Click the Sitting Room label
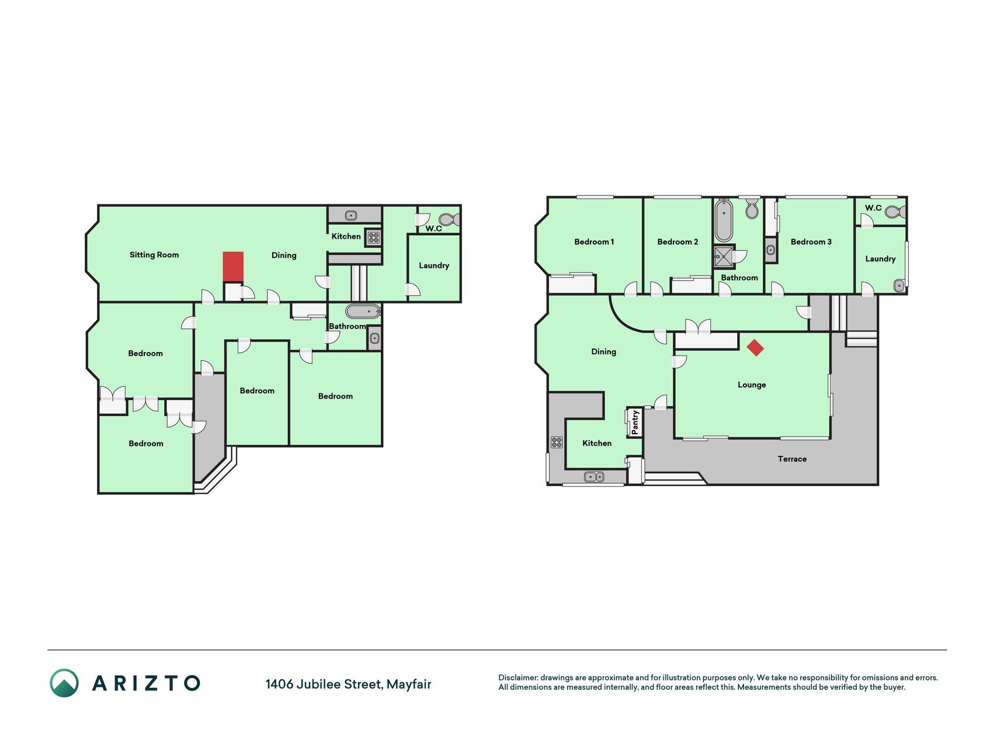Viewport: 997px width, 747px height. coord(154,255)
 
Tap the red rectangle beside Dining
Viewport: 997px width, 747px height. coord(233,267)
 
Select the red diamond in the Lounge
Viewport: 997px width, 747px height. coord(755,348)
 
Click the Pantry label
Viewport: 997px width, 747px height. coord(635,422)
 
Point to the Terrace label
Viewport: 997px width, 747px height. coord(792,459)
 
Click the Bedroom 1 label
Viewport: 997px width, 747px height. coord(594,242)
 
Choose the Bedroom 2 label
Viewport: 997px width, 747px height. coord(678,242)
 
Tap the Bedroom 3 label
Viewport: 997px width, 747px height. coord(811,242)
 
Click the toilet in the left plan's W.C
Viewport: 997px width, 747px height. coord(449,220)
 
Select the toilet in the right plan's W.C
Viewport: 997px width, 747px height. coord(895,211)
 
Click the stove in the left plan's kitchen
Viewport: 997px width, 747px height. coord(374,238)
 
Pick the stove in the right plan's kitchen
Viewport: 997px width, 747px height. coord(557,442)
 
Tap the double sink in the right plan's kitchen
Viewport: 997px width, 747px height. coord(595,477)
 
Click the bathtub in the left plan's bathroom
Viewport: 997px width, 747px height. coord(363,311)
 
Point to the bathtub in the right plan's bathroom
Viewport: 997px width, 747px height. coord(724,220)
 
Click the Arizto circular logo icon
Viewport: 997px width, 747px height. coord(64,683)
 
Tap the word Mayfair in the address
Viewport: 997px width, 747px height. coord(409,685)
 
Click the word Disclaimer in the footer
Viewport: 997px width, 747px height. coord(518,678)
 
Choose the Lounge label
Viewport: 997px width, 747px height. coord(752,385)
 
